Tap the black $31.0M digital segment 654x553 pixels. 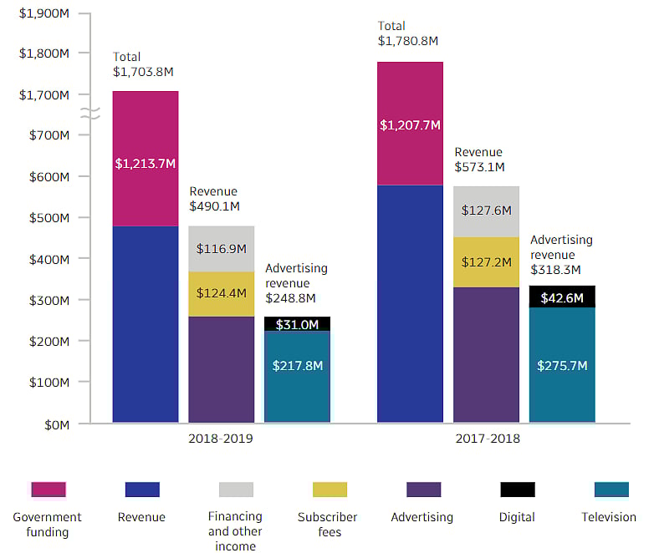point(297,324)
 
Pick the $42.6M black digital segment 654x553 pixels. point(562,297)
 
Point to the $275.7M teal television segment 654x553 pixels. point(562,366)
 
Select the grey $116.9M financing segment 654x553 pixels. point(221,249)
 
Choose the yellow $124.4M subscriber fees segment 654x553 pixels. point(221,294)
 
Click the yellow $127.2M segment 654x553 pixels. point(486,262)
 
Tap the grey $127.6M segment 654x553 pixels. point(486,211)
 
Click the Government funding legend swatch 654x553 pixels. point(48,490)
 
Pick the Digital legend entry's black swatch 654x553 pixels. point(517,490)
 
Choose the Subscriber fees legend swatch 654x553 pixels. point(329,490)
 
